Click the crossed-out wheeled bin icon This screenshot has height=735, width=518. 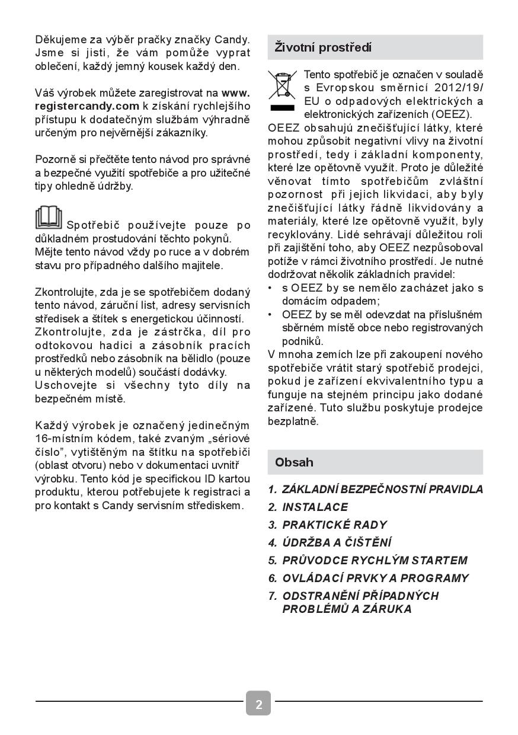(x=282, y=85)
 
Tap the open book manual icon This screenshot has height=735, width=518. (x=49, y=218)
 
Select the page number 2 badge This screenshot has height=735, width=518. (x=259, y=704)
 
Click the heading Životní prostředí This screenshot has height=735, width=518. (x=323, y=47)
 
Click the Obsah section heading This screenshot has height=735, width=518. (x=294, y=462)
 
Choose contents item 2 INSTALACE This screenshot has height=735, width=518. (x=315, y=507)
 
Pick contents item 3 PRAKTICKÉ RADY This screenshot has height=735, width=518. (x=334, y=525)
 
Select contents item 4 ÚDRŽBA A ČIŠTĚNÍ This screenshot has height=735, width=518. (x=337, y=543)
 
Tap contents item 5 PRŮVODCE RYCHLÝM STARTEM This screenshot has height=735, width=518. (x=375, y=561)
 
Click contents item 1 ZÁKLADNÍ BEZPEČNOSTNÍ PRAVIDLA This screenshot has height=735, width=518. (x=382, y=490)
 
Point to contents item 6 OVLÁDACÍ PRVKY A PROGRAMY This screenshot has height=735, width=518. (x=375, y=579)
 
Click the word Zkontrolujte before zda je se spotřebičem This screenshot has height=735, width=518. (x=66, y=292)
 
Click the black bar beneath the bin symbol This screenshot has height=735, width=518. (x=282, y=108)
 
